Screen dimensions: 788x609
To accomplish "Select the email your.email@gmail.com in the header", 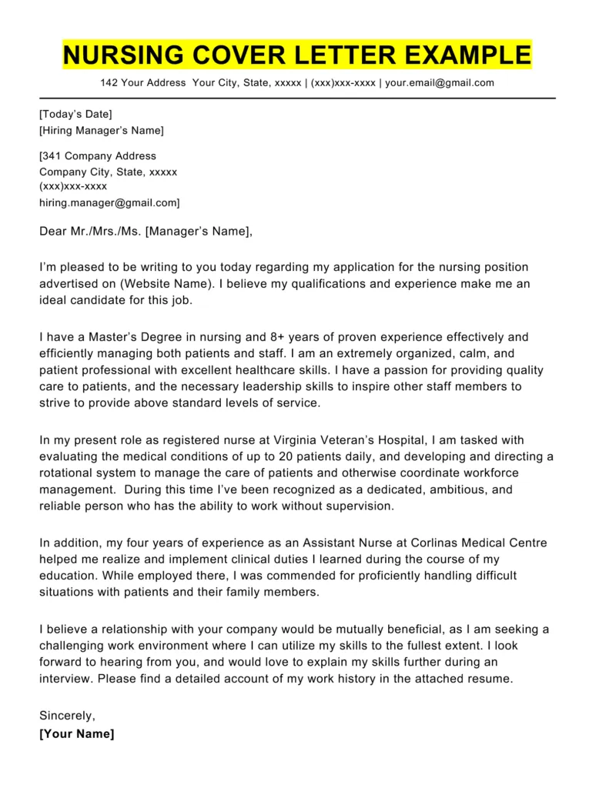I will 440,83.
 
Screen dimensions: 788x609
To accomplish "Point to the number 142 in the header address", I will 109,83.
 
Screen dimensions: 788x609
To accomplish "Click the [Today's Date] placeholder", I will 75,115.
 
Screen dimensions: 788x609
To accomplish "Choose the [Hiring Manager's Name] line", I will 101,131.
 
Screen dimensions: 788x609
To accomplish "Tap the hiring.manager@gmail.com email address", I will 109,202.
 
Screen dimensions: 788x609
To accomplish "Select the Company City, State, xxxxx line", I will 108,172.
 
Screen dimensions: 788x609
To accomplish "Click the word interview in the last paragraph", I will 65,679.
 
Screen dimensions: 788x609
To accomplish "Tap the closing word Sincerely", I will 67,716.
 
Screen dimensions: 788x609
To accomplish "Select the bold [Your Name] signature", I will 76,733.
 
